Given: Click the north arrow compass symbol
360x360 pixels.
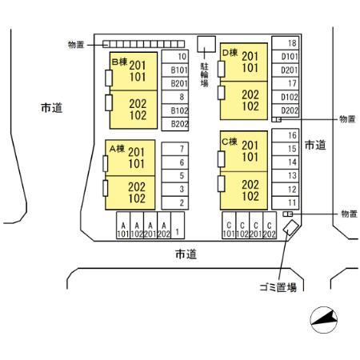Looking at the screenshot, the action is click(324, 320).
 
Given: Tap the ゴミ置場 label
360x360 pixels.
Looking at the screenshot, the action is click(278, 287).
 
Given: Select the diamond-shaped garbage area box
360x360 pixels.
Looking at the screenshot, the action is click(290, 227).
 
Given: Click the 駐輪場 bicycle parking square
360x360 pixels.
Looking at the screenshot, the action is click(206, 44).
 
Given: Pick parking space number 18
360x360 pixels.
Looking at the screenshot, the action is click(285, 43).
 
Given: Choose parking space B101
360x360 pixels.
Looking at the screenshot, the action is click(175, 70).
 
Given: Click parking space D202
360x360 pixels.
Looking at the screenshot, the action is click(285, 110).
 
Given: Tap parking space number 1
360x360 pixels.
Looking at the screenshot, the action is click(178, 226).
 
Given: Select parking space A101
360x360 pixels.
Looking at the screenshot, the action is click(123, 226).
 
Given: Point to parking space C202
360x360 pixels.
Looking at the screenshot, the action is click(270, 226).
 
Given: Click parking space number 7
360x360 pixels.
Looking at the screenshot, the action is click(175, 149).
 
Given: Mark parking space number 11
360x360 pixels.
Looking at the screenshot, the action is click(285, 202).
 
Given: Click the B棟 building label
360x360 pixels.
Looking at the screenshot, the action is click(119, 62).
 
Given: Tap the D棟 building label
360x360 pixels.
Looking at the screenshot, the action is click(230, 53).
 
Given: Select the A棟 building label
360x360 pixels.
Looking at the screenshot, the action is click(117, 149).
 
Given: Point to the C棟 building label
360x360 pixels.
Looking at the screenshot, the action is click(230, 142).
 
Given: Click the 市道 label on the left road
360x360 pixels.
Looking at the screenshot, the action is click(52, 108).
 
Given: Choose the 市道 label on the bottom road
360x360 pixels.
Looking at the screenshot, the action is click(186, 254).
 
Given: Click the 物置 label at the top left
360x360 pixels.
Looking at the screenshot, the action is click(76, 45).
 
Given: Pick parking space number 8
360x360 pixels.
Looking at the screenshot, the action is click(175, 97).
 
